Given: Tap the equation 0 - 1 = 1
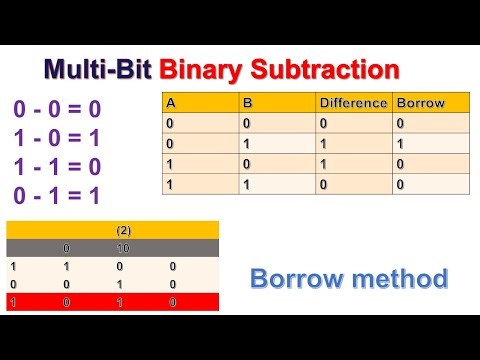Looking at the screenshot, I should pyautogui.click(x=57, y=195).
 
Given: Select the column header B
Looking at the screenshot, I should pyautogui.click(x=247, y=103).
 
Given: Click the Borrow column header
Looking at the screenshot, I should pyautogui.click(x=420, y=103).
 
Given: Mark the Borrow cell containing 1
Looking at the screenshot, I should pyautogui.click(x=401, y=144).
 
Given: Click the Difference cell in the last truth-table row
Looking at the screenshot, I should pyautogui.click(x=323, y=185).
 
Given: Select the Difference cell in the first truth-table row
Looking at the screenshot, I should pyautogui.click(x=323, y=124).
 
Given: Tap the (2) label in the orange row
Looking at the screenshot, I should pyautogui.click(x=123, y=230).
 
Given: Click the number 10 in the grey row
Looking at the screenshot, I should pyautogui.click(x=123, y=248).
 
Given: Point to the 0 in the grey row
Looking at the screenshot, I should pyautogui.click(x=66, y=248).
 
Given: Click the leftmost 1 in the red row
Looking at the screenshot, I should pyautogui.click(x=13, y=301).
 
